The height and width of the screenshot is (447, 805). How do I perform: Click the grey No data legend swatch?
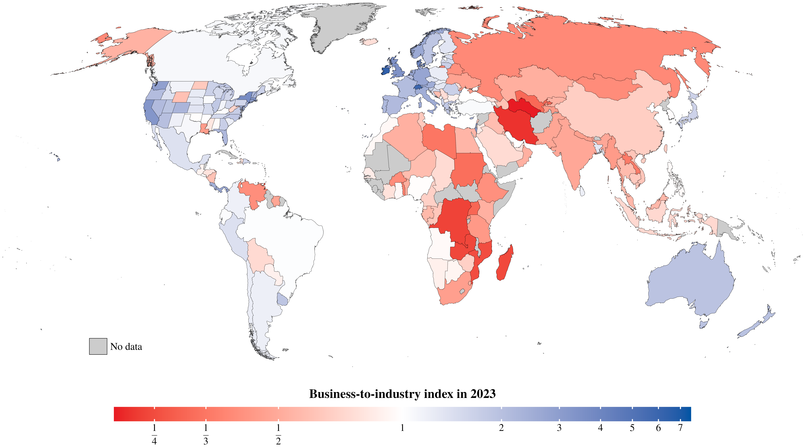[98, 346]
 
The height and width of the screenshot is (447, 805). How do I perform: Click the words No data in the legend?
[126, 347]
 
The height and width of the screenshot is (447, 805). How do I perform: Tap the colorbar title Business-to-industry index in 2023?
[402, 394]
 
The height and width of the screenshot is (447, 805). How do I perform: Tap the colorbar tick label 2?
[501, 428]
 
